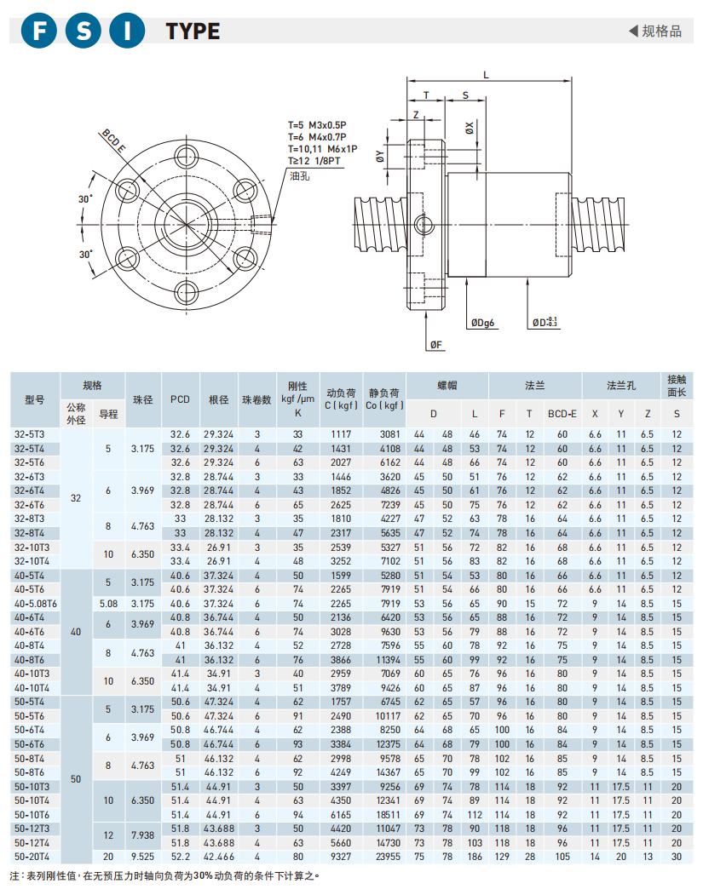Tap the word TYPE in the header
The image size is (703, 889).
193,32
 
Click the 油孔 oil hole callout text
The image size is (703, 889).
299,176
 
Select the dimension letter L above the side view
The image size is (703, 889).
486,75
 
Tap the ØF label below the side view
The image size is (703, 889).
435,344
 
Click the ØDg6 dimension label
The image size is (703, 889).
482,323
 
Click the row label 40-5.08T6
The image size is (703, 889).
35,603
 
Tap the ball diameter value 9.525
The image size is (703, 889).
141,856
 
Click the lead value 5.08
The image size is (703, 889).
107,603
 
